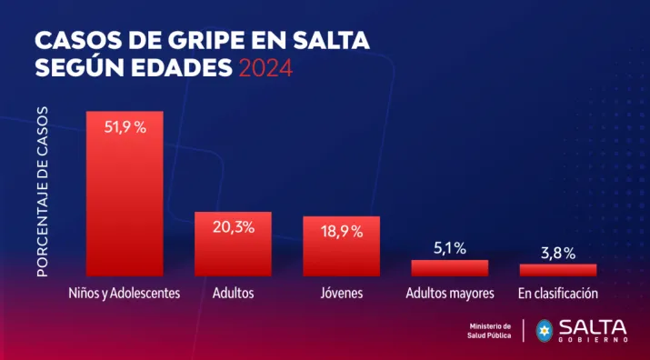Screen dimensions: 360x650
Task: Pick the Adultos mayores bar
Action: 449,268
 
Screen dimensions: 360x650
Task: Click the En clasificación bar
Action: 557,270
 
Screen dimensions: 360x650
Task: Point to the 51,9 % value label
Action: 125,128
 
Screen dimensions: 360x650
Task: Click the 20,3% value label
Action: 233,228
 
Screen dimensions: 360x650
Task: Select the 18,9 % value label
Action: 341,232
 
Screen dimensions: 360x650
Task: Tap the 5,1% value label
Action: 449,247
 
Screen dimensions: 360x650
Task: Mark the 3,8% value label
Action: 557,253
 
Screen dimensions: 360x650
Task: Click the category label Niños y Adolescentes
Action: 125,294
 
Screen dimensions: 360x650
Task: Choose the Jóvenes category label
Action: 341,294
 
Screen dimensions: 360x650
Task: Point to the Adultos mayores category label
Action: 449,294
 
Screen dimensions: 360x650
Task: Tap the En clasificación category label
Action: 557,294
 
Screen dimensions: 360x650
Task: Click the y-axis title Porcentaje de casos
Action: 43,191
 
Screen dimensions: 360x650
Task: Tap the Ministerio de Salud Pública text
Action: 490,331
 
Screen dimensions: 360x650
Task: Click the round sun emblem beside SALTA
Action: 545,330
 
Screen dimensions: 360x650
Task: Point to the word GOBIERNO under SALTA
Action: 594,339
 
